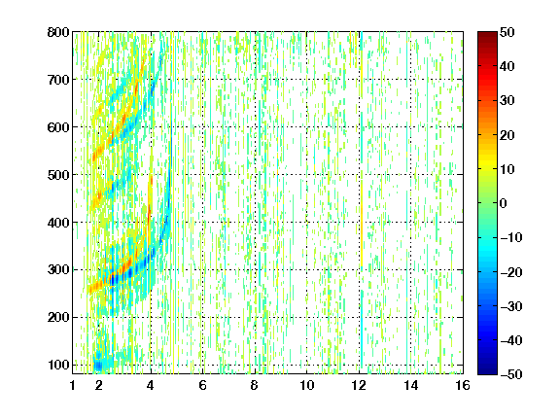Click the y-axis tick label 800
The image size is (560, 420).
[x=58, y=32]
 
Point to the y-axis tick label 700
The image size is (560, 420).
[x=58, y=80]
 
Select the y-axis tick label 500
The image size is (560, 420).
[x=58, y=175]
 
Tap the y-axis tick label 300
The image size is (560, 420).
[x=58, y=269]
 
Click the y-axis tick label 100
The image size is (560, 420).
[x=58, y=365]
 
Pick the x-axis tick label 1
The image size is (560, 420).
[x=73, y=385]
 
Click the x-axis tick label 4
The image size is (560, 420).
[x=151, y=385]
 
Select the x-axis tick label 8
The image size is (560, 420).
[x=255, y=385]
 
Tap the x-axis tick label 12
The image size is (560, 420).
[x=359, y=385]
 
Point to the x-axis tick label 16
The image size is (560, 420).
[x=463, y=385]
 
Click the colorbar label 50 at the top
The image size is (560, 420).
[x=507, y=32]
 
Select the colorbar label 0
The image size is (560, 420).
[x=504, y=203]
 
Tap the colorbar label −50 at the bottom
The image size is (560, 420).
[x=511, y=374]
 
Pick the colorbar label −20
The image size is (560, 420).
[x=511, y=272]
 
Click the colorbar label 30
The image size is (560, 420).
[x=507, y=101]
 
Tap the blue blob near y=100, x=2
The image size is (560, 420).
[x=98, y=365]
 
